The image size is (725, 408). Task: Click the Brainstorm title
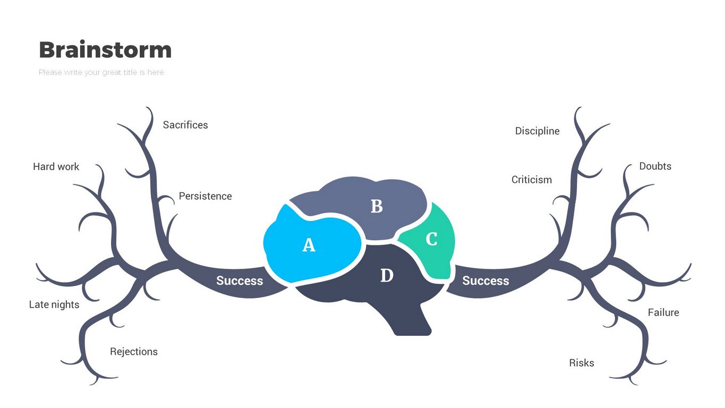coord(105,50)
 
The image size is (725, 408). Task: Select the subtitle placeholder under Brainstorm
coord(101,72)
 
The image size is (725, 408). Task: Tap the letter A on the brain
coord(309,245)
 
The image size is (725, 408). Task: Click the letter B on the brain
coord(377,206)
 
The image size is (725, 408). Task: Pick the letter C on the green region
coord(432,240)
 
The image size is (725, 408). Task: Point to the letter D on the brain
coord(387,276)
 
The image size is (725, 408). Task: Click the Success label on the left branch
coord(240,280)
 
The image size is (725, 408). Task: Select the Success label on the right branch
coord(485,280)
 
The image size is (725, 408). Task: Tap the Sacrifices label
coord(185,125)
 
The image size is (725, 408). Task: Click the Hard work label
coord(56,166)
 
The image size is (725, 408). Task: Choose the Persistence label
coord(205,196)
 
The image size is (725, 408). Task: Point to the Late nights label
coord(54,304)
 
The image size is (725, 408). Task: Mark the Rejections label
coord(134,352)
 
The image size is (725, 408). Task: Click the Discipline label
coord(537,131)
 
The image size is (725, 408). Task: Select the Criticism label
coord(532,180)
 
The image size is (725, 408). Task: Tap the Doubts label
coord(655,166)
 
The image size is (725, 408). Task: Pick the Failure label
coord(663,312)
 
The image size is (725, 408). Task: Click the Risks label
coord(582,363)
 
